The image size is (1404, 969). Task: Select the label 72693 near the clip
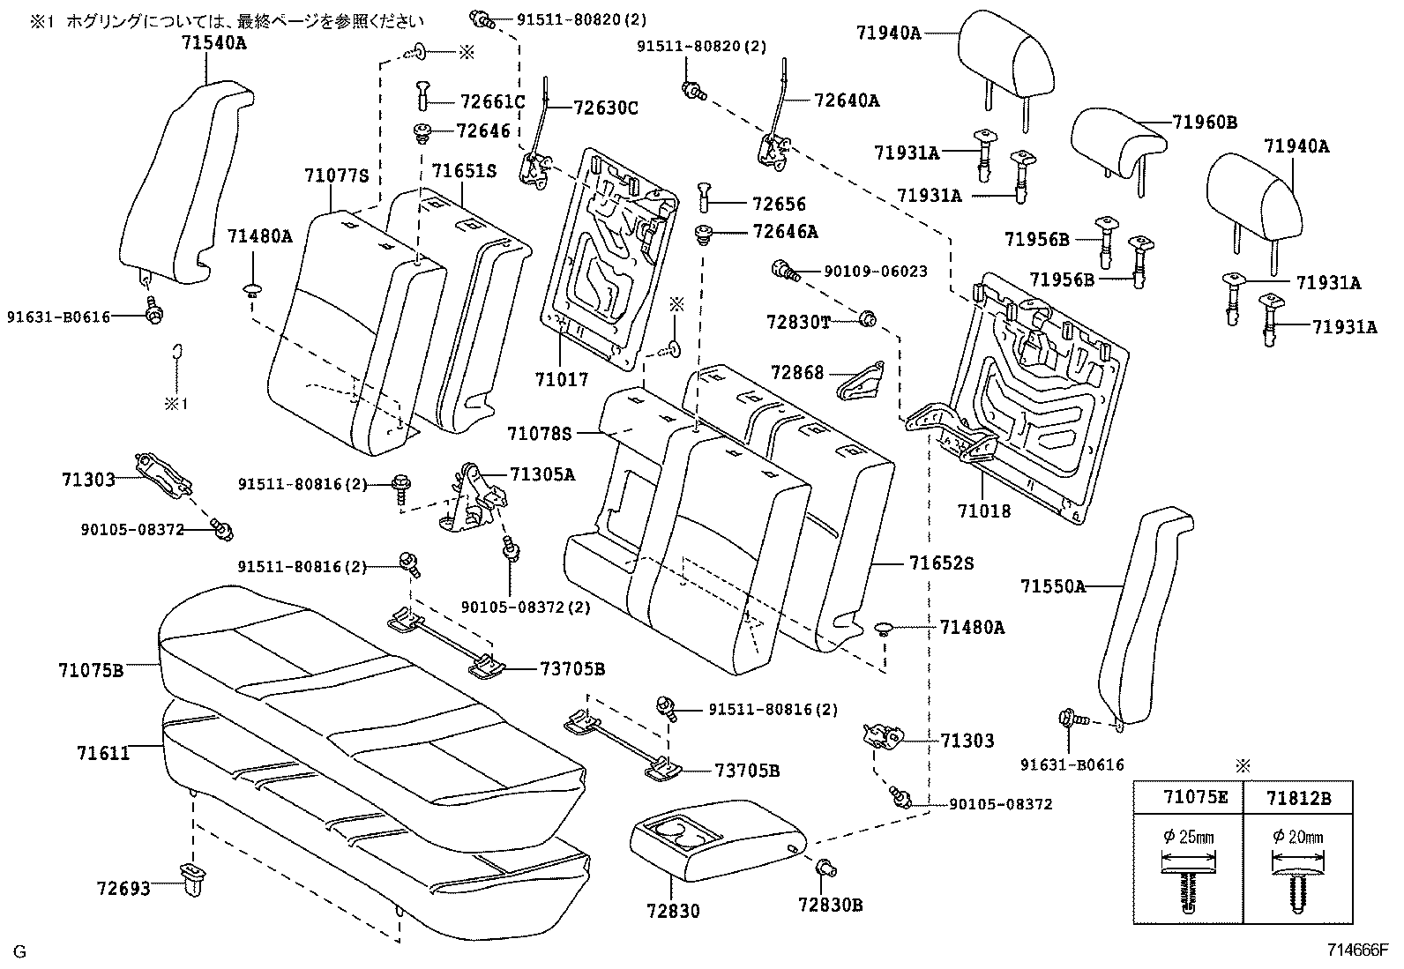tap(123, 888)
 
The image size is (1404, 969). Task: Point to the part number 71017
tap(561, 380)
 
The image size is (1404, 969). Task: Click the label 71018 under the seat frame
tap(984, 511)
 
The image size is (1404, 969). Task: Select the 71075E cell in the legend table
tap(1188, 799)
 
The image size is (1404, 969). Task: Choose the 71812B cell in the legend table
tap(1297, 799)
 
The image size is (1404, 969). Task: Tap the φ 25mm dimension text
tap(1188, 836)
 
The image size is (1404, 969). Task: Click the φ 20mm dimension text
tap(1297, 836)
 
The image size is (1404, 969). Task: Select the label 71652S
tap(942, 563)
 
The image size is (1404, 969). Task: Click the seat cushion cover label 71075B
tap(91, 670)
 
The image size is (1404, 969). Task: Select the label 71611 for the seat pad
tap(103, 753)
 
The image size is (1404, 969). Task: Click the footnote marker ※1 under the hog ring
tap(175, 404)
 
